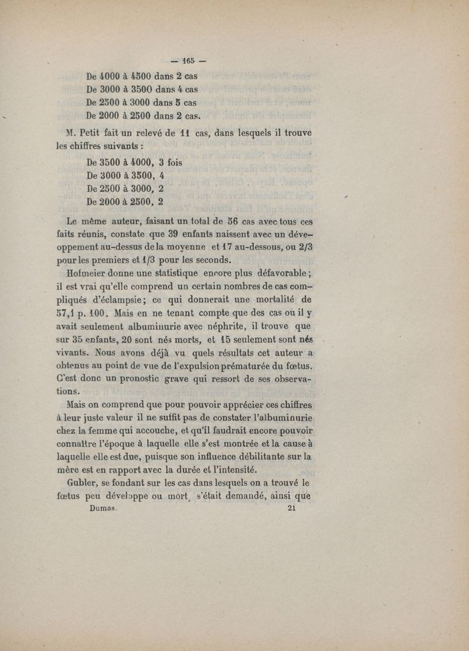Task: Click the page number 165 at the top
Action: coord(188,60)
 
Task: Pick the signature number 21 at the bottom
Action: coord(294,510)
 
